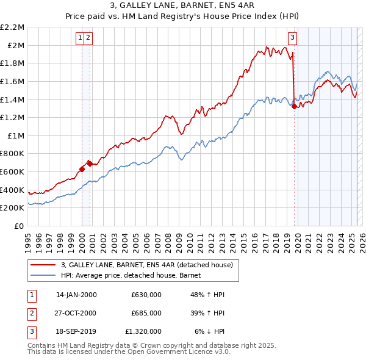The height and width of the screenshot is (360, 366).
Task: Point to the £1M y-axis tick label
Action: [x=15, y=135]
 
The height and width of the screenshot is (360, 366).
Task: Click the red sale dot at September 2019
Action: [x=294, y=107]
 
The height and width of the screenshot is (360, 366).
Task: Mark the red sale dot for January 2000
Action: [x=82, y=169]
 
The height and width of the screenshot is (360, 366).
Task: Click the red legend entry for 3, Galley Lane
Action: [x=146, y=265]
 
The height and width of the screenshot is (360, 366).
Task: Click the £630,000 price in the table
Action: [x=146, y=295]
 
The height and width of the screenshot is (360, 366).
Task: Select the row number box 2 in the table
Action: [x=32, y=313]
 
